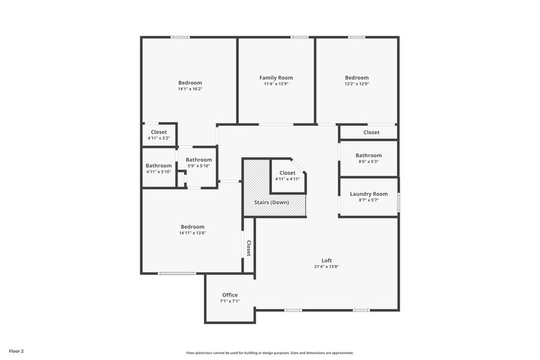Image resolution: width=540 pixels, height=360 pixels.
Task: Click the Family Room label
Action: pyautogui.click(x=276, y=78)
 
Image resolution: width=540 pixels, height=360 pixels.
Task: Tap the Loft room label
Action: pyautogui.click(x=327, y=261)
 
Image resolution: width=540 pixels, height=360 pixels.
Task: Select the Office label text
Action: pyautogui.click(x=230, y=295)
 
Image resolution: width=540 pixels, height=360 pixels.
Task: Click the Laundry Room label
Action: pyautogui.click(x=369, y=194)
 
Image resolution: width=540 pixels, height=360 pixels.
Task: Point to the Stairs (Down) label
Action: pyautogui.click(x=271, y=203)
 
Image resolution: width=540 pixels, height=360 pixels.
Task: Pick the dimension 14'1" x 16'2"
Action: pyautogui.click(x=190, y=89)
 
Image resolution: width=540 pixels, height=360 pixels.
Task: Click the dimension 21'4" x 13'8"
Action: pyautogui.click(x=327, y=267)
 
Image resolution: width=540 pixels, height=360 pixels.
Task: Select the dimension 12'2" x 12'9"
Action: pyautogui.click(x=356, y=84)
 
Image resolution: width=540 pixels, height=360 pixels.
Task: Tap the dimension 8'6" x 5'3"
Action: pyautogui.click(x=369, y=161)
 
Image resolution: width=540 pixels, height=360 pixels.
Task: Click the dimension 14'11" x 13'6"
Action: pyautogui.click(x=192, y=233)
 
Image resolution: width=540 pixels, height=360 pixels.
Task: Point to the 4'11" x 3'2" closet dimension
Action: pyautogui.click(x=159, y=138)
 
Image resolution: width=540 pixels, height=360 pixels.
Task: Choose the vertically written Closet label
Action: pyautogui.click(x=248, y=249)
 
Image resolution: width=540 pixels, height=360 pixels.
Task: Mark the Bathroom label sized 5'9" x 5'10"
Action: pyautogui.click(x=199, y=159)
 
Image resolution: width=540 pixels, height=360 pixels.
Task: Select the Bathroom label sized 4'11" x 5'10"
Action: pyautogui.click(x=159, y=165)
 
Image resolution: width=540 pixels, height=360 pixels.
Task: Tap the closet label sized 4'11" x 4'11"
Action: pyautogui.click(x=288, y=173)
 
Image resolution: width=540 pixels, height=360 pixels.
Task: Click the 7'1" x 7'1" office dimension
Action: pyautogui.click(x=230, y=301)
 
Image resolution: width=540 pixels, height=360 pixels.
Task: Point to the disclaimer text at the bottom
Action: pyautogui.click(x=270, y=353)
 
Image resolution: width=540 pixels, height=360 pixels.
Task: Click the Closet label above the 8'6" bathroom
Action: pyautogui.click(x=371, y=132)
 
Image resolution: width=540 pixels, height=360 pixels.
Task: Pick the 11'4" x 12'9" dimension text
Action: pyautogui.click(x=276, y=84)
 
